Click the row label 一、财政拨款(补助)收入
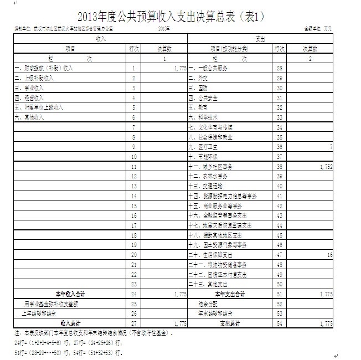pyautogui.click(x=44, y=68)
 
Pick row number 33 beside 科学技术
pyautogui.click(x=279, y=117)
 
